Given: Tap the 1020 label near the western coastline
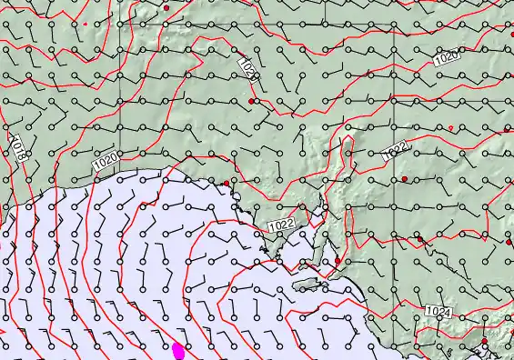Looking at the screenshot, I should point(106,161).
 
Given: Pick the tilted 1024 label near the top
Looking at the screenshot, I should point(248,70).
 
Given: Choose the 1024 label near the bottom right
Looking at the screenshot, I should point(438,312).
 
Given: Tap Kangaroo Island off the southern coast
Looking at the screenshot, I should point(310,285).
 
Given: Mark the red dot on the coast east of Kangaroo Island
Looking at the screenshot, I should point(338,261).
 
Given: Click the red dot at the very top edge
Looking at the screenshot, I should point(166,7).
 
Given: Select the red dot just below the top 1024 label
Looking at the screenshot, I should point(251,100).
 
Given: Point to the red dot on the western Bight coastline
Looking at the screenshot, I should point(227,184).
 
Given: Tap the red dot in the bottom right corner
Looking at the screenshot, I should point(485,343).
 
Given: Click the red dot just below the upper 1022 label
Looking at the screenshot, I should point(405,179).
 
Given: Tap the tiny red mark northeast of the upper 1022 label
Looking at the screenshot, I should point(450,127).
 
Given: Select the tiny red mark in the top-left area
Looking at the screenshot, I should point(84,24).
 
